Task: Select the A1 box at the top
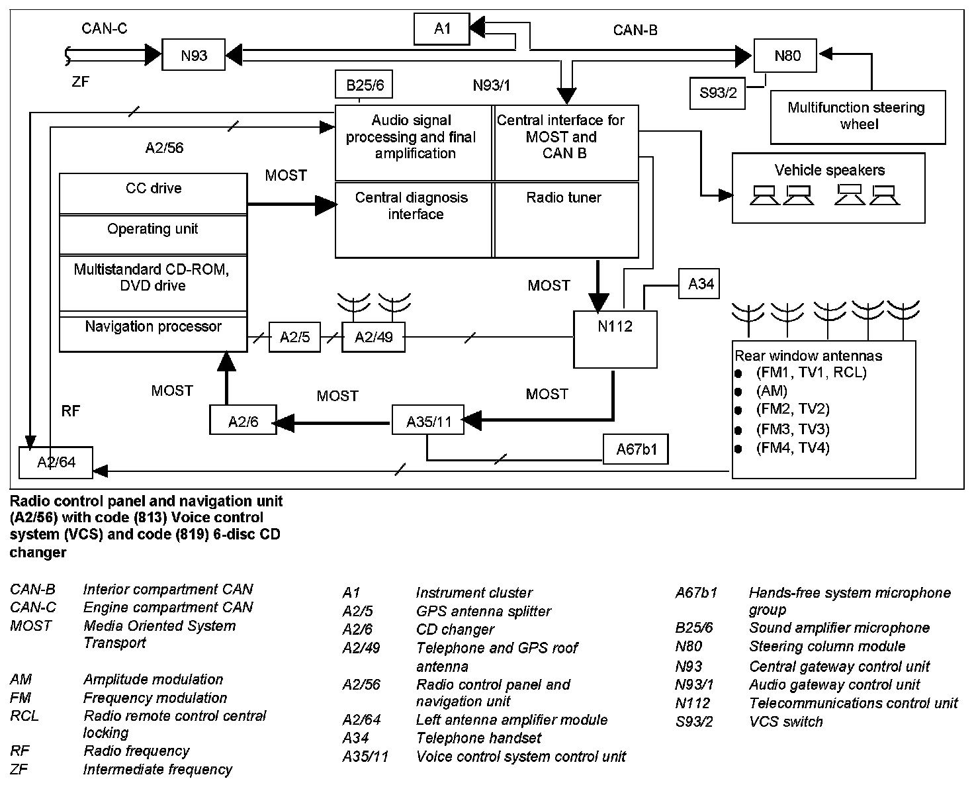pos(442,28)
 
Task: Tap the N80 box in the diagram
pos(787,56)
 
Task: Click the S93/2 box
pos(718,93)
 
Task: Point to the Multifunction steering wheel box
pos(858,116)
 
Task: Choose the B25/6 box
pos(365,85)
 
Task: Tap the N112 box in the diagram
pos(615,338)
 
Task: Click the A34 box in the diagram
pos(700,284)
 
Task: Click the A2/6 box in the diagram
pos(243,421)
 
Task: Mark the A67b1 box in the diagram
pos(636,450)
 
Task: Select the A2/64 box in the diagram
pos(56,462)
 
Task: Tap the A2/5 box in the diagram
pos(294,338)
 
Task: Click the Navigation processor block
pos(153,333)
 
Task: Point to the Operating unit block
pos(153,234)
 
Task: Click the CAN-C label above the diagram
pos(105,28)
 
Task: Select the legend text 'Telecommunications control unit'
pos(853,703)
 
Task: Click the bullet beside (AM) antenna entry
pos(738,392)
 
